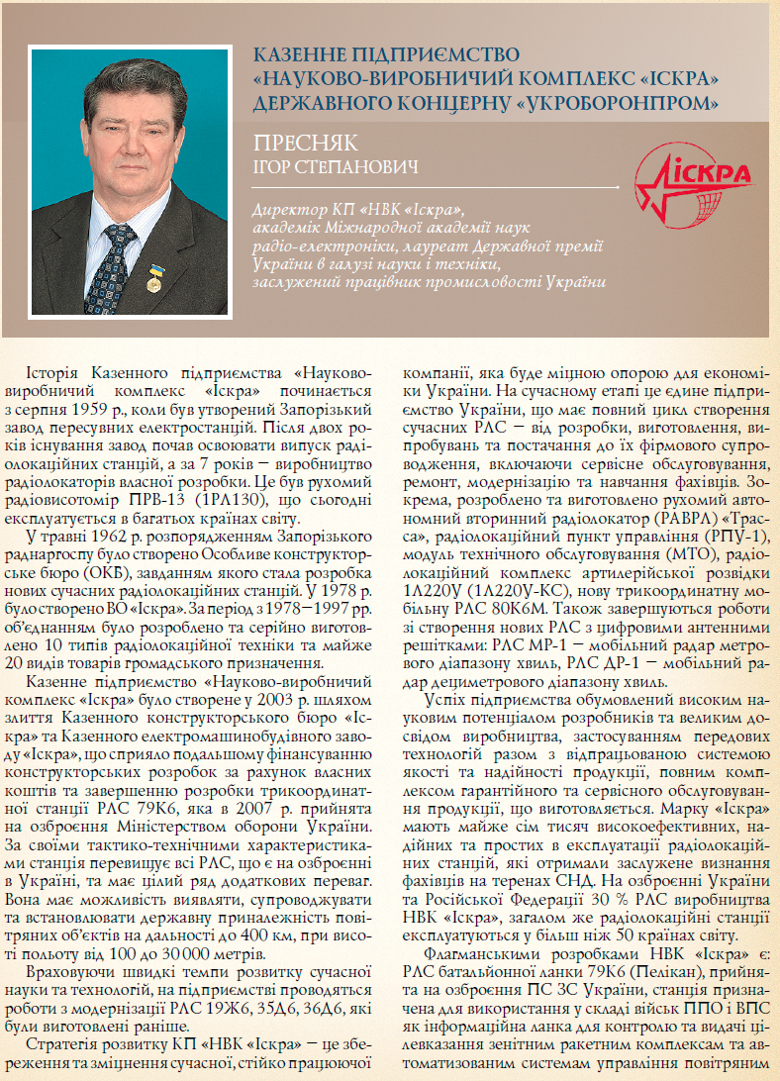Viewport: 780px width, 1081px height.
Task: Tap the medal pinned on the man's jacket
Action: [x=153, y=276]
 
